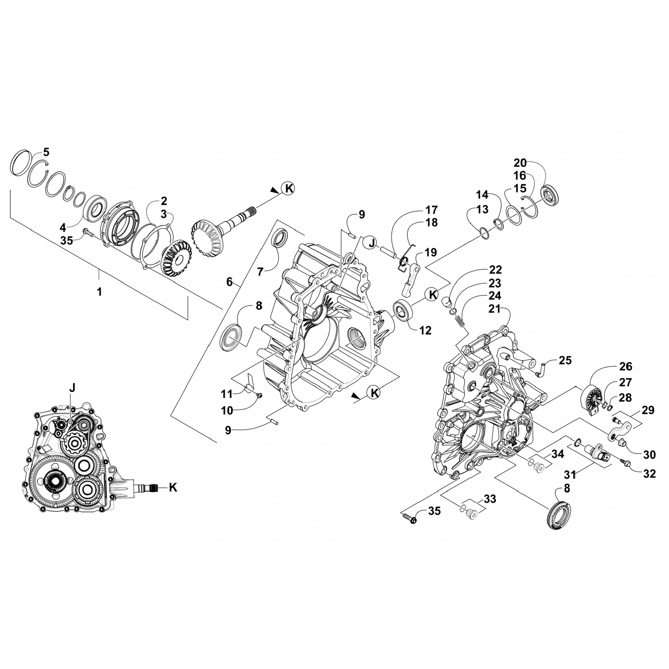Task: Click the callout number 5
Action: (46, 152)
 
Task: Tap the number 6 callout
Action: (229, 281)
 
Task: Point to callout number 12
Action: (425, 330)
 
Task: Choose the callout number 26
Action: (626, 366)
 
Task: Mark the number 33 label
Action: (490, 498)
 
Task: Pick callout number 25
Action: (565, 360)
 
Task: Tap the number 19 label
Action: (430, 252)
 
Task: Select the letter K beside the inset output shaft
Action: (173, 487)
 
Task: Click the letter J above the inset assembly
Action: (72, 388)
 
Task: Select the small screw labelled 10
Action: (260, 395)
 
